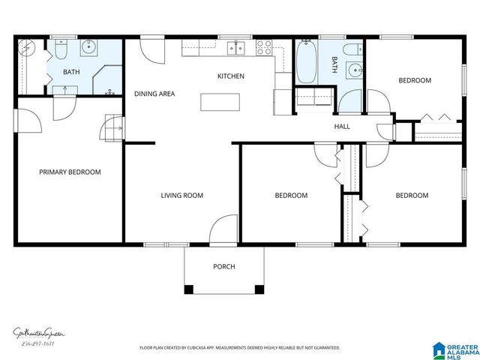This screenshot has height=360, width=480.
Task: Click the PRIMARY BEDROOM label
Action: tap(70, 172)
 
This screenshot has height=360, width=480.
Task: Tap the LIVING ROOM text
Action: tap(182, 196)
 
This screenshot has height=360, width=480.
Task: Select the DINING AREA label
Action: tap(154, 94)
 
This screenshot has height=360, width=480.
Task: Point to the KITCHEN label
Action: tap(230, 76)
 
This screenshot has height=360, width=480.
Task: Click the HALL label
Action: tap(342, 127)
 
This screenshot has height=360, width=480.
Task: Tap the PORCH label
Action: tap(223, 266)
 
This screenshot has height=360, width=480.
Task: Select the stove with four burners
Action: tap(265, 48)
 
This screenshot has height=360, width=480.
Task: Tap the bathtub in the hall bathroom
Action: tap(306, 61)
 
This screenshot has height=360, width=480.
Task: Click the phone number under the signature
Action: tap(37, 343)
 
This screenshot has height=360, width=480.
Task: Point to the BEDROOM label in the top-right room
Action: tap(414, 80)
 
